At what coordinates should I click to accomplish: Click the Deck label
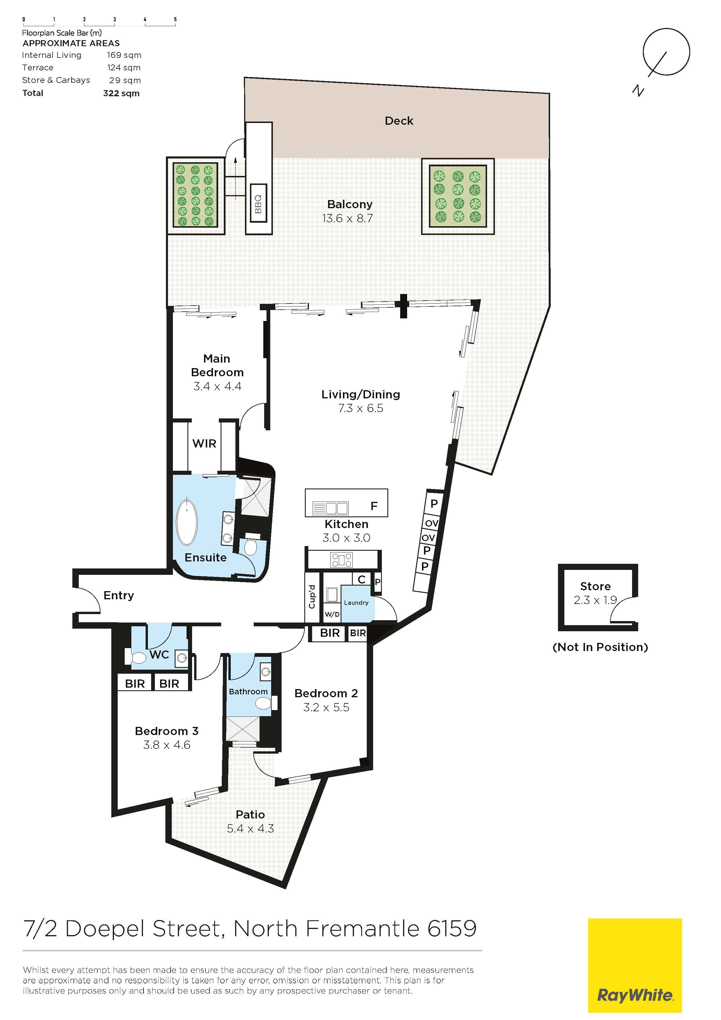tap(399, 121)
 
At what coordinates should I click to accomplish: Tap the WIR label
tap(204, 443)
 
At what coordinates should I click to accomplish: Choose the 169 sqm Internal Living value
tap(124, 55)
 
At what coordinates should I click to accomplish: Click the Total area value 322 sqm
tap(121, 93)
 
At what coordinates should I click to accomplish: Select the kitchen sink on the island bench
tap(331, 507)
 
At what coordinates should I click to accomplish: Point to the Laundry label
tap(356, 602)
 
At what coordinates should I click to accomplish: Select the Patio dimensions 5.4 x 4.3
tap(251, 828)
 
